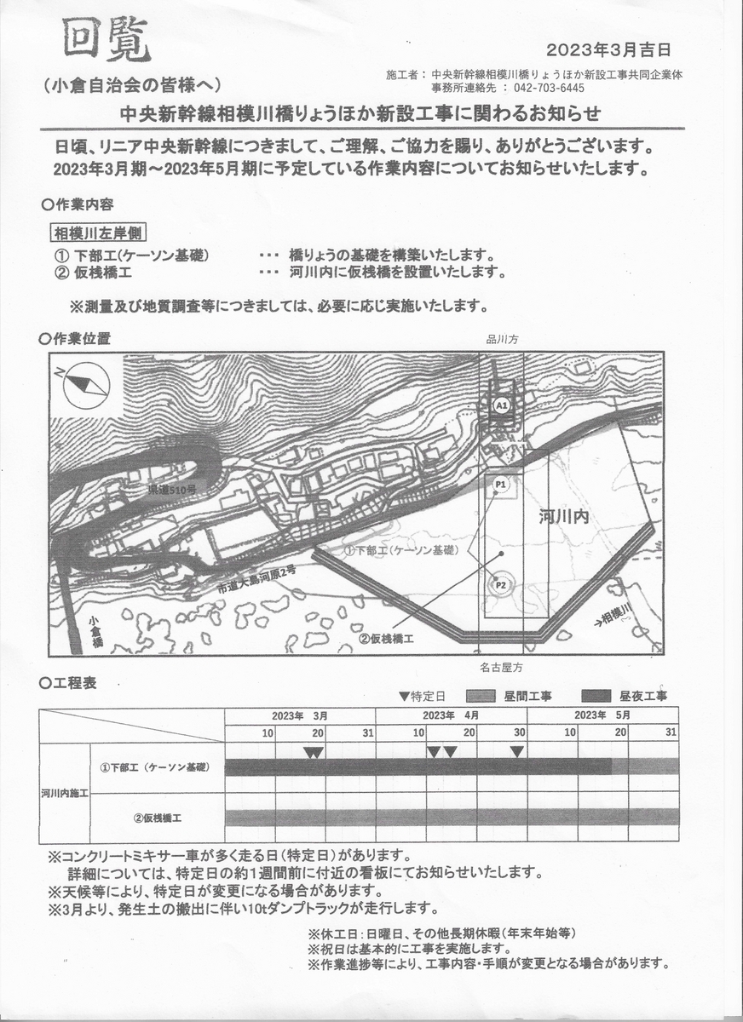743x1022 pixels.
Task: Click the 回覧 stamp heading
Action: pyautogui.click(x=106, y=40)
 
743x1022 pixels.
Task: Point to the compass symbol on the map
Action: pyautogui.click(x=86, y=382)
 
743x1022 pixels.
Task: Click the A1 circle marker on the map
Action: pyautogui.click(x=501, y=406)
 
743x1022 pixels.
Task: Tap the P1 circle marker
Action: pyautogui.click(x=500, y=485)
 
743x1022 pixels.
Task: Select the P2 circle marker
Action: pyautogui.click(x=500, y=585)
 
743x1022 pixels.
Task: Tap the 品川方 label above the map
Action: pyautogui.click(x=501, y=339)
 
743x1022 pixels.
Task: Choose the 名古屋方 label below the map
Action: pyautogui.click(x=501, y=669)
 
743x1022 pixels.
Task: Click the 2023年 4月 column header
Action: pyautogui.click(x=451, y=715)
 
